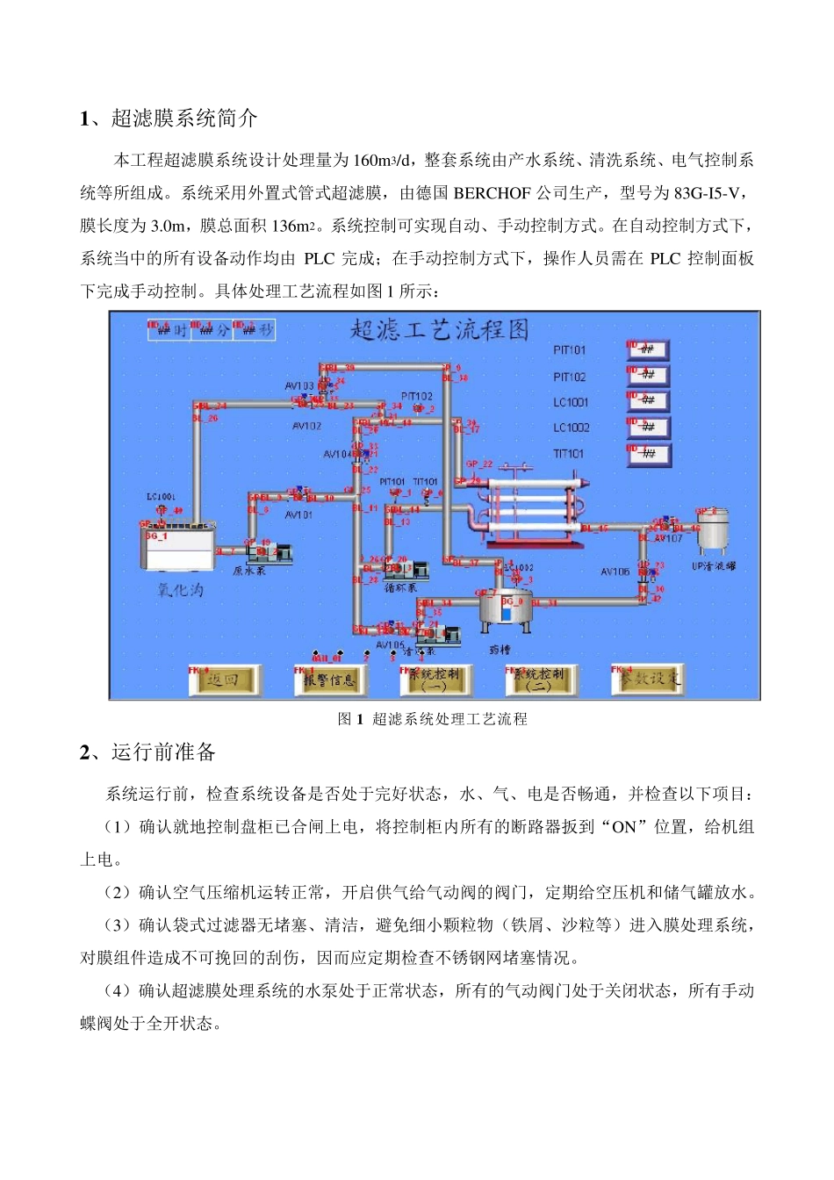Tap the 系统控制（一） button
click(x=435, y=680)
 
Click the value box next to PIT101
click(x=649, y=350)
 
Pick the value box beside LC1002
click(x=649, y=428)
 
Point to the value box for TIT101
click(x=649, y=454)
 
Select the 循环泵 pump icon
click(x=405, y=569)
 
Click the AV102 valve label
click(x=306, y=426)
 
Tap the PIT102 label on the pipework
click(x=417, y=397)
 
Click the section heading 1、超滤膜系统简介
click(x=169, y=119)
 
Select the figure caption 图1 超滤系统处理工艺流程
click(x=433, y=719)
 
